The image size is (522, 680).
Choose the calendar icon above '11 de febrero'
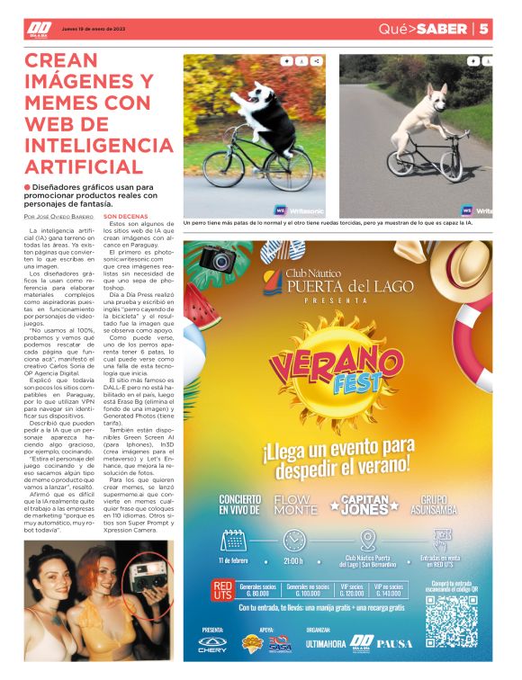pyautogui.click(x=233, y=541)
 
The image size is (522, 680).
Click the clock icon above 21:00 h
pyautogui.click(x=294, y=541)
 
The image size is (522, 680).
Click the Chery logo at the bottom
pyautogui.click(x=212, y=644)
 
